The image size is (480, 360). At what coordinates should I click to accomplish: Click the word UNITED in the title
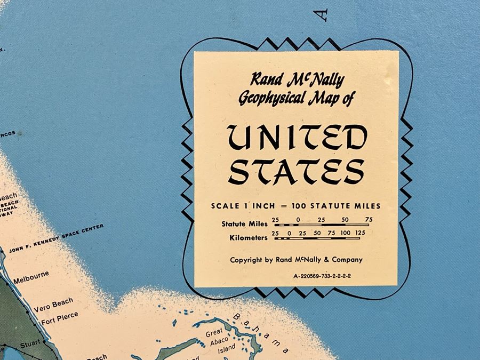297,139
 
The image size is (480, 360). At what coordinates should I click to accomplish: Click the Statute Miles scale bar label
245,224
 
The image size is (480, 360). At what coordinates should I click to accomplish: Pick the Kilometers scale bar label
245,238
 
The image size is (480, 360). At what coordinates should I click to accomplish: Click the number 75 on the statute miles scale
369,219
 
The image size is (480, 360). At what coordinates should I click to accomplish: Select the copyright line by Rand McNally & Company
296,260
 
